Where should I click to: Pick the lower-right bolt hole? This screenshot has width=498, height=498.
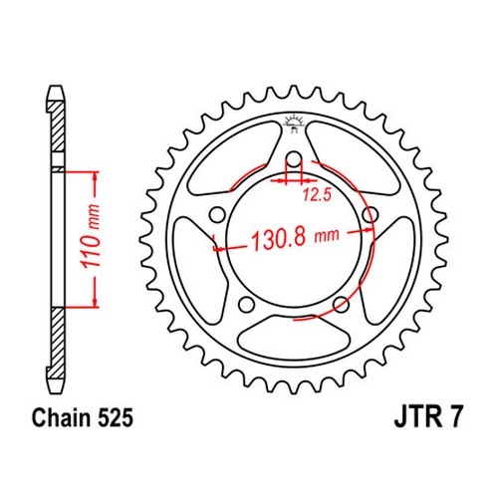(x=342, y=302)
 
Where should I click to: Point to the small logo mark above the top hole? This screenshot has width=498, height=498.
(x=293, y=124)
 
